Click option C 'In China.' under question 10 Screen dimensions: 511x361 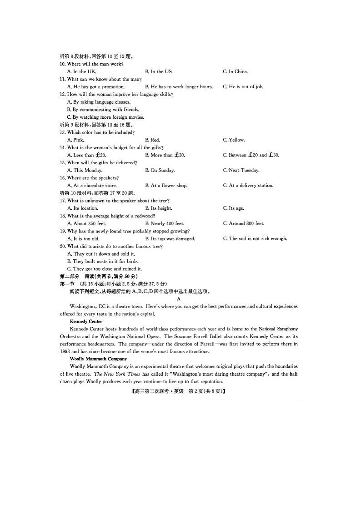pyautogui.click(x=236, y=71)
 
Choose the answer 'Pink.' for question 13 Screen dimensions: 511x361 pyautogui.click(x=75, y=140)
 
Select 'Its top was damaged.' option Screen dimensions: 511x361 pyautogui.click(x=170, y=238)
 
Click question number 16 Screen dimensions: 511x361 pyautogui.click(x=63, y=178)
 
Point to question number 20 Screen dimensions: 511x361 pyautogui.click(x=63, y=246)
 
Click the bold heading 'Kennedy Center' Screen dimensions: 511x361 pyautogui.click(x=86, y=321)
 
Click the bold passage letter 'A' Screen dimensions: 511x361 pyautogui.click(x=179, y=299)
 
